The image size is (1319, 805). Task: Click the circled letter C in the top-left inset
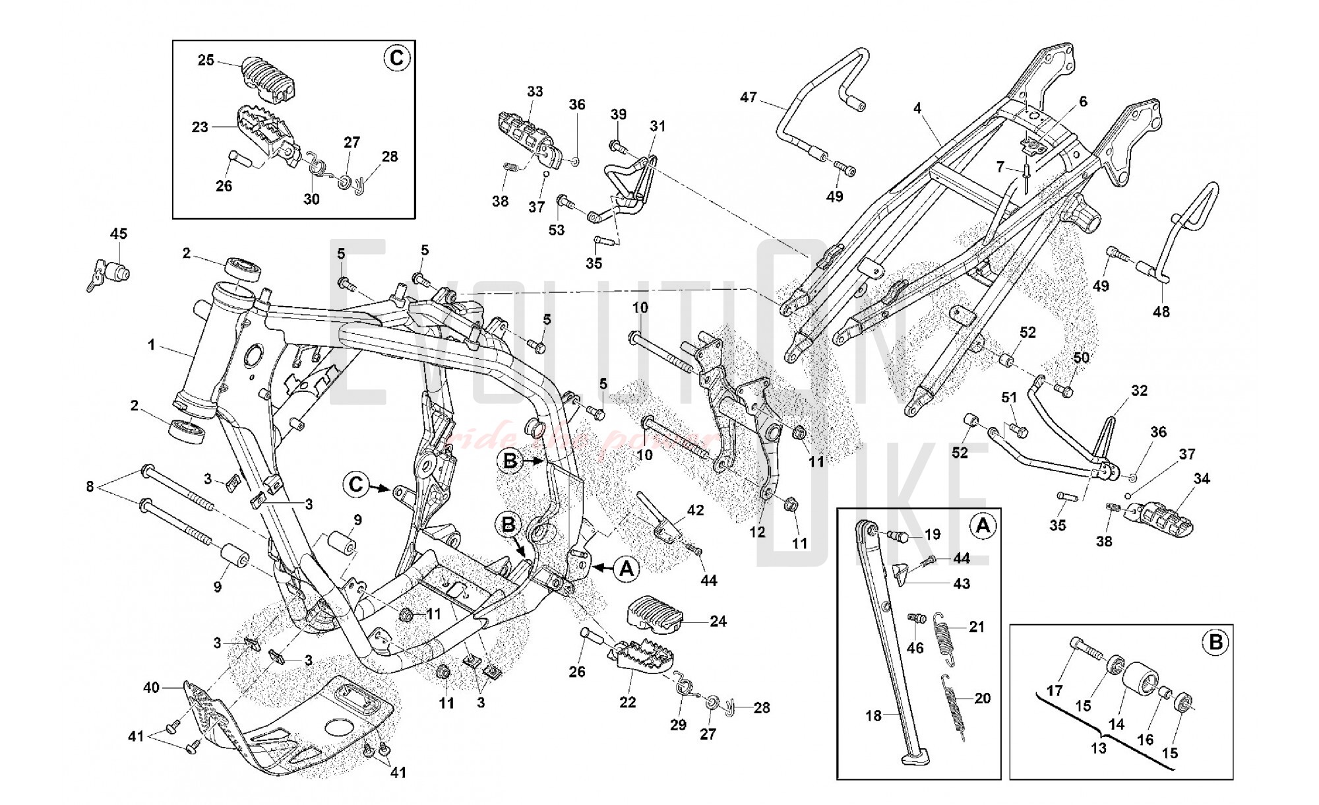(x=396, y=58)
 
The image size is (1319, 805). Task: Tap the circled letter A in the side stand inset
(x=982, y=526)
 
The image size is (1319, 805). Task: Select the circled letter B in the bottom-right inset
(x=1215, y=642)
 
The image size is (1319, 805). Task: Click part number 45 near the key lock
(x=119, y=234)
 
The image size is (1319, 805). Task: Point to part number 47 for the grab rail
(x=749, y=98)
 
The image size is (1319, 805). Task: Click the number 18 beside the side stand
(x=873, y=715)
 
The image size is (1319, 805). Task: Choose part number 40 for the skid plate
(x=152, y=688)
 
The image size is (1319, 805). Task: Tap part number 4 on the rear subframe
(x=917, y=108)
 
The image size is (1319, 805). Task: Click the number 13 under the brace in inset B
(x=1098, y=748)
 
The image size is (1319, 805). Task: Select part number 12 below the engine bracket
(x=757, y=531)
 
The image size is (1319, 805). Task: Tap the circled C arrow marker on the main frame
(x=355, y=485)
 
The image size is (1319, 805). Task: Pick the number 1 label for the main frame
(x=152, y=345)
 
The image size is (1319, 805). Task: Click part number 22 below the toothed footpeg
(x=627, y=702)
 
